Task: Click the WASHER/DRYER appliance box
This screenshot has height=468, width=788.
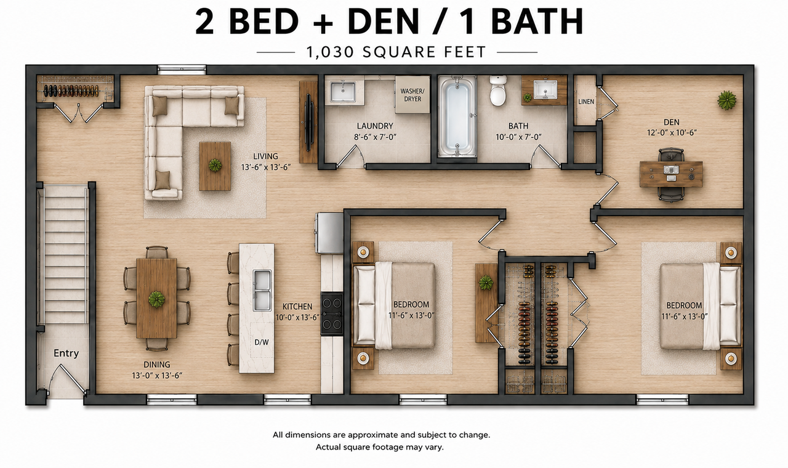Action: click(412, 94)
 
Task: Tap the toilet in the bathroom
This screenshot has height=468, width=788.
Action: click(498, 91)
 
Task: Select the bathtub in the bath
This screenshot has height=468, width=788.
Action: click(457, 116)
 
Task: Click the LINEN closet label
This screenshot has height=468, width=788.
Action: click(586, 102)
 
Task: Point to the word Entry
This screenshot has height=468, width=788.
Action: click(66, 353)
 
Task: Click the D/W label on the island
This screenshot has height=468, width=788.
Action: click(262, 342)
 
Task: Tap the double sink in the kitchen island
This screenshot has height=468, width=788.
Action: click(262, 290)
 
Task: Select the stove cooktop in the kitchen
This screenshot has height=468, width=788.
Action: click(332, 314)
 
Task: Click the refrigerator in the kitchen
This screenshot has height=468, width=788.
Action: click(329, 233)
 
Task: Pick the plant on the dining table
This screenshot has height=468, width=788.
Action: click(156, 299)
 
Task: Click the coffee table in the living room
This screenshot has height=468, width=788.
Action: click(215, 166)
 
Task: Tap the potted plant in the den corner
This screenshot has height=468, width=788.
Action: click(727, 100)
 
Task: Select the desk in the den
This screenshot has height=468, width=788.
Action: click(671, 174)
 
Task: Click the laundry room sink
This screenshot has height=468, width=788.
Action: click(342, 91)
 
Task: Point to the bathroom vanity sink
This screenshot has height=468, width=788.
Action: click(545, 89)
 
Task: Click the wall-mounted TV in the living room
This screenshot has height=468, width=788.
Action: click(308, 123)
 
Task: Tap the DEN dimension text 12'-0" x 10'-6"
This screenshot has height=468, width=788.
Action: click(672, 132)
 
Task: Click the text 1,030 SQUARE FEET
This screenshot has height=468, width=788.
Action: click(397, 52)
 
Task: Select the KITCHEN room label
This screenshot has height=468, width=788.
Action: click(297, 307)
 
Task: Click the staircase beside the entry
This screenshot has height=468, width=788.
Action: click(66, 253)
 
